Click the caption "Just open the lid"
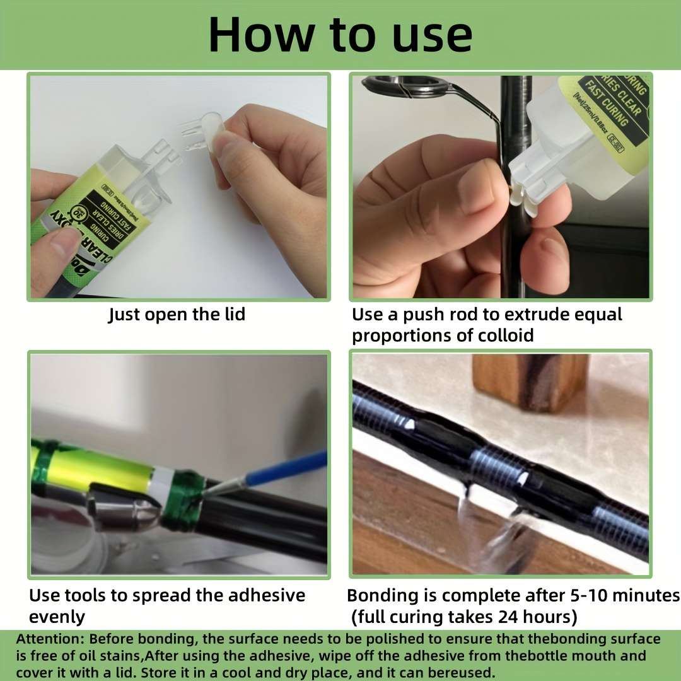pyautogui.click(x=177, y=314)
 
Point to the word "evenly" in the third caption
pyautogui.click(x=57, y=616)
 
